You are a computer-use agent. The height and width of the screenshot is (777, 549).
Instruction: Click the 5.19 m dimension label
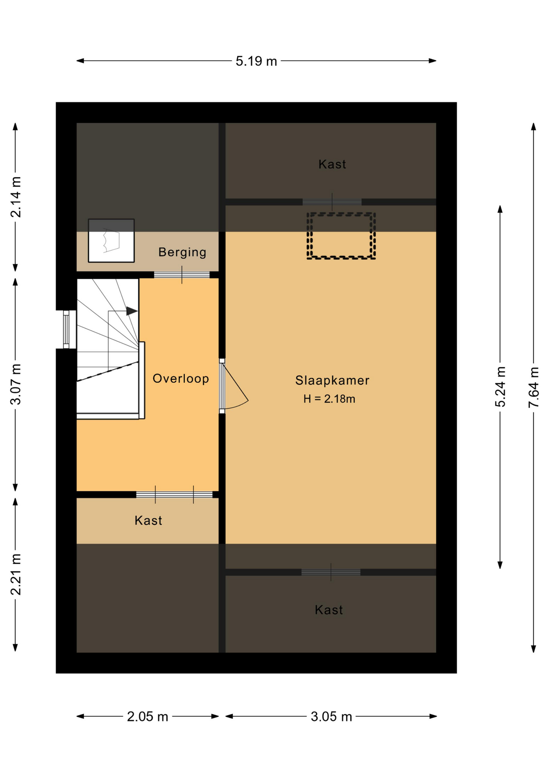(x=256, y=61)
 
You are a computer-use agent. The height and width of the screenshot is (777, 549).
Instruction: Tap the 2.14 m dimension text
(x=16, y=197)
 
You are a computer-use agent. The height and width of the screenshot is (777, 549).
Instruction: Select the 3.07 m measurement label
(x=16, y=384)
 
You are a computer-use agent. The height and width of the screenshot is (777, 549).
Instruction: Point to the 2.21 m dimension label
(x=16, y=574)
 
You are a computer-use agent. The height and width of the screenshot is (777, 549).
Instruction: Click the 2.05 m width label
(x=148, y=717)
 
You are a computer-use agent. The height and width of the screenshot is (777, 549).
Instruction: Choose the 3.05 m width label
(x=331, y=717)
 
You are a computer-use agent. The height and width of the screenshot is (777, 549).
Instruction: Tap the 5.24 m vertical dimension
(x=500, y=386)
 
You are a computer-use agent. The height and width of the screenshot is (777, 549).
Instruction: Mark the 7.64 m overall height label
(x=534, y=387)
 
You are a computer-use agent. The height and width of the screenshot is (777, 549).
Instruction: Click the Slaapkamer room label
(x=332, y=380)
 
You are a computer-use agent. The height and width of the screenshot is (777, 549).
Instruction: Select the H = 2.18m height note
(x=329, y=399)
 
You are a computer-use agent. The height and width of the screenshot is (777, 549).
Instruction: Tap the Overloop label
(x=181, y=379)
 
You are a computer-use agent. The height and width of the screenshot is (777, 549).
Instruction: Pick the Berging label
(x=182, y=252)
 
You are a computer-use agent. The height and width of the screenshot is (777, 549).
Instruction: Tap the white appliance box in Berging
(x=111, y=241)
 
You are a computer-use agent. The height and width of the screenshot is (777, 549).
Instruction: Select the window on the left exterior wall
(x=66, y=329)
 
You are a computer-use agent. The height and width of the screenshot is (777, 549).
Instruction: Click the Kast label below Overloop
(x=148, y=520)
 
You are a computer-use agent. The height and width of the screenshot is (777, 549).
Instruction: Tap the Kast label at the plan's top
(x=332, y=164)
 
